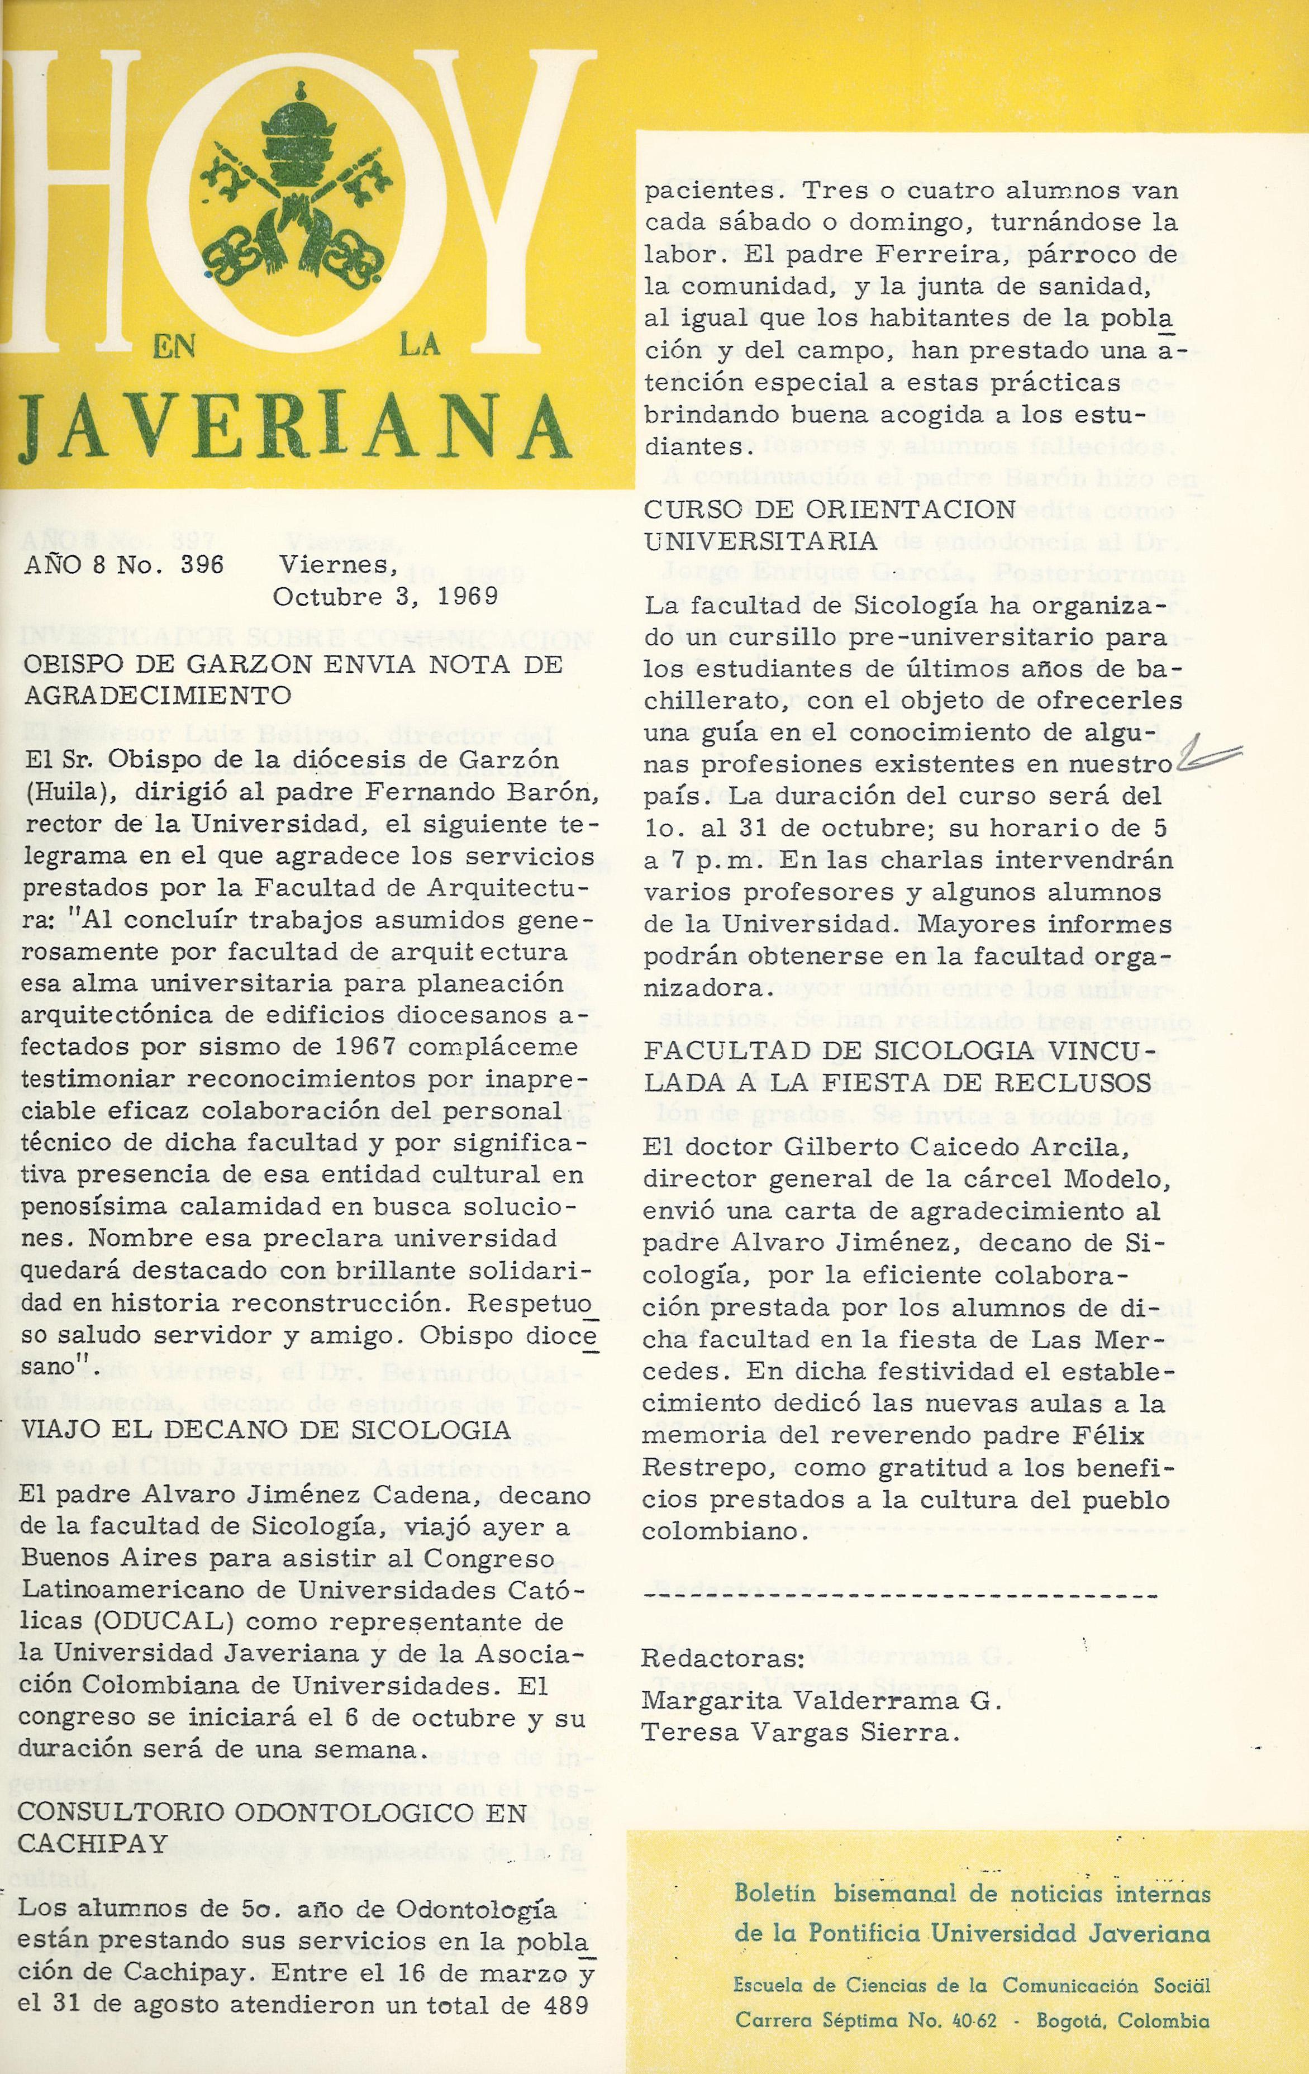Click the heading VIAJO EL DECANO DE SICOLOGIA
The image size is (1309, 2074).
point(263,1430)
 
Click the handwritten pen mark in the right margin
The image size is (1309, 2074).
point(1211,756)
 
